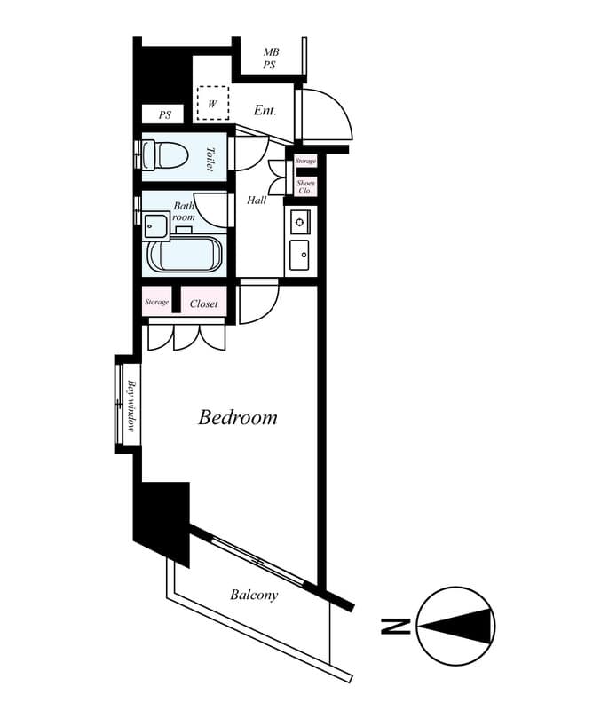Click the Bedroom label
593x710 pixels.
pyautogui.click(x=238, y=417)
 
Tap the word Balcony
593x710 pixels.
pyautogui.click(x=254, y=595)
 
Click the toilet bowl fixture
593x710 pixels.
pyautogui.click(x=165, y=154)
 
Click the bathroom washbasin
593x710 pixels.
pyautogui.click(x=156, y=225)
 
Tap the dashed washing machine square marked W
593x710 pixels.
pyautogui.click(x=212, y=103)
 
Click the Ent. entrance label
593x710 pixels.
pyautogui.click(x=265, y=110)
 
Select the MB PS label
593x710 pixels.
pyautogui.click(x=271, y=59)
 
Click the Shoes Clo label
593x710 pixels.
pyautogui.click(x=305, y=186)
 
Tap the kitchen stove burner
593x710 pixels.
pyautogui.click(x=299, y=222)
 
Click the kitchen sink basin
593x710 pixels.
pyautogui.click(x=299, y=255)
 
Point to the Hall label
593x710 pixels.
pyautogui.click(x=257, y=201)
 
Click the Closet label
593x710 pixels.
pyautogui.click(x=204, y=304)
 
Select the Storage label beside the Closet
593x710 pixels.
pyautogui.click(x=157, y=302)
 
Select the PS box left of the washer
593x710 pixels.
pyautogui.click(x=163, y=114)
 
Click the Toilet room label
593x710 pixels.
pyautogui.click(x=210, y=159)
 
